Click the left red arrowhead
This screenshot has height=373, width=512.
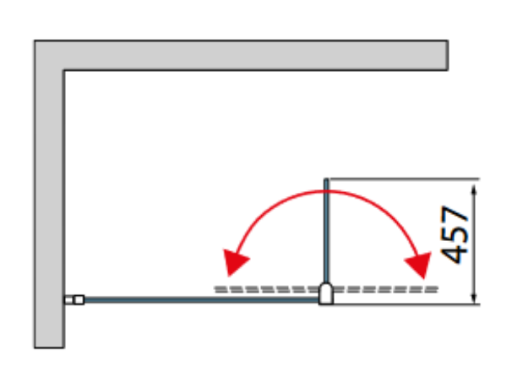point(234,261)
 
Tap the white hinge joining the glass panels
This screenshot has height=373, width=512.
point(326,293)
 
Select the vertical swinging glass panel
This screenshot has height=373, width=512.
point(326,230)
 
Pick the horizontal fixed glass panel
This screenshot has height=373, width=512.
point(201,299)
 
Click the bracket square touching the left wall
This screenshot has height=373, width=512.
point(68,299)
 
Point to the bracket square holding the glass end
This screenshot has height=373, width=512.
point(79,299)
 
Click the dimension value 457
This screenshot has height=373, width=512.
point(455,235)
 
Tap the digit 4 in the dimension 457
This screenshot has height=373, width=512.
point(455,254)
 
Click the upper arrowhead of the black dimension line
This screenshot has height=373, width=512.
point(474,190)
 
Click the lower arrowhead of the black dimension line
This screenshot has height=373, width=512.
point(474,297)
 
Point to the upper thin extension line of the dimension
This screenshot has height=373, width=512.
point(404,178)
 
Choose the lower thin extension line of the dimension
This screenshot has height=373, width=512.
point(406,304)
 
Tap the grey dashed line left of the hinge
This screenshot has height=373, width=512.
point(266,289)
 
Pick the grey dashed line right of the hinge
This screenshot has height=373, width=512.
point(385,289)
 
